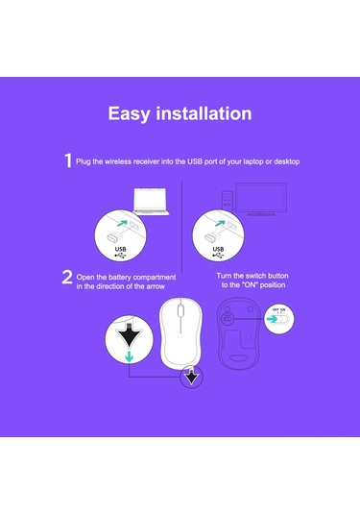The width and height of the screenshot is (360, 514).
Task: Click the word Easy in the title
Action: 130,114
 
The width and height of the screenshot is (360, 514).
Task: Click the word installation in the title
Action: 204,113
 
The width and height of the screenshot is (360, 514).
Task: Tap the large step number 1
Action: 68,160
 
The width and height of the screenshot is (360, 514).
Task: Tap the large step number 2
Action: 67,277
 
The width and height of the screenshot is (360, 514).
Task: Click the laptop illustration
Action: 151,202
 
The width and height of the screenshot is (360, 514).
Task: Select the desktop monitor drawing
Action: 261,199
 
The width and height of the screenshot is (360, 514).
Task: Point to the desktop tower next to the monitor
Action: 228,200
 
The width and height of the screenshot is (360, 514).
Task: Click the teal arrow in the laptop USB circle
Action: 122,223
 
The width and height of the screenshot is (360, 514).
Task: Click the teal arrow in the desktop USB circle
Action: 220,223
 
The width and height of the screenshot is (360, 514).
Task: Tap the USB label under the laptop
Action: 121,249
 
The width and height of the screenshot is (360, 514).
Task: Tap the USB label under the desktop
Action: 218,249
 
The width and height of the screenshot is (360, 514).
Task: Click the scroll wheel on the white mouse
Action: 180,310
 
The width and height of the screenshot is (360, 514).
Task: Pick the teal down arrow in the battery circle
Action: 130,356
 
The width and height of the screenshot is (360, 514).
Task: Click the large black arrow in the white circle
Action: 129,335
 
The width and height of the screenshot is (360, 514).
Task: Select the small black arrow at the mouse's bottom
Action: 191,376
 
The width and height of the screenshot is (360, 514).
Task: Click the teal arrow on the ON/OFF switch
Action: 272,319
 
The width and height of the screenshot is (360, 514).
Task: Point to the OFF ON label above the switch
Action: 278,309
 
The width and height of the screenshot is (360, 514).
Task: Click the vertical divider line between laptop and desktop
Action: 181,227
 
